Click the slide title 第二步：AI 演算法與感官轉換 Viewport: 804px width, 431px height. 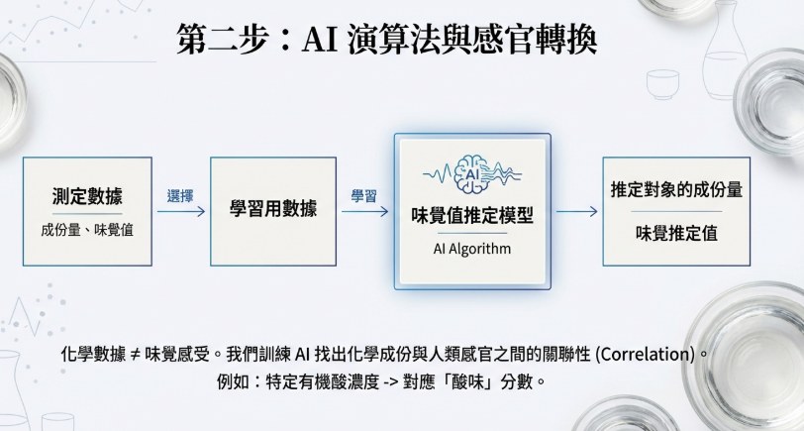pos(386,39)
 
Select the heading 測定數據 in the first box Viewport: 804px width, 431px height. pos(87,196)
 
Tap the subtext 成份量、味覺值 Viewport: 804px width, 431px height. pos(87,230)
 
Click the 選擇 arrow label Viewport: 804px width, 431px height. pos(180,196)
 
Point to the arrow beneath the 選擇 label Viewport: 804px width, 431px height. pos(181,211)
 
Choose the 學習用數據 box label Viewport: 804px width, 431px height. pos(273,209)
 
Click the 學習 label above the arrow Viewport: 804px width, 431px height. pos(364,196)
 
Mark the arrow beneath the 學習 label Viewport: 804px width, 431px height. pos(364,211)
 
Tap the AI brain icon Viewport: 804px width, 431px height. pos(472,174)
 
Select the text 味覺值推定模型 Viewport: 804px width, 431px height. pos(472,216)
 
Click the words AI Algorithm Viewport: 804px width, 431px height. pos(472,249)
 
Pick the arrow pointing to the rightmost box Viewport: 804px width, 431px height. pos(577,211)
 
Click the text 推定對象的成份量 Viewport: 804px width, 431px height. pos(676,190)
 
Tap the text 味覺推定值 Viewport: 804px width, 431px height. pos(676,234)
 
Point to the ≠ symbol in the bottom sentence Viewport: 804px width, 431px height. pos(136,355)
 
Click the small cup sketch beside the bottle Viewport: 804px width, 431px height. pos(662,84)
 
